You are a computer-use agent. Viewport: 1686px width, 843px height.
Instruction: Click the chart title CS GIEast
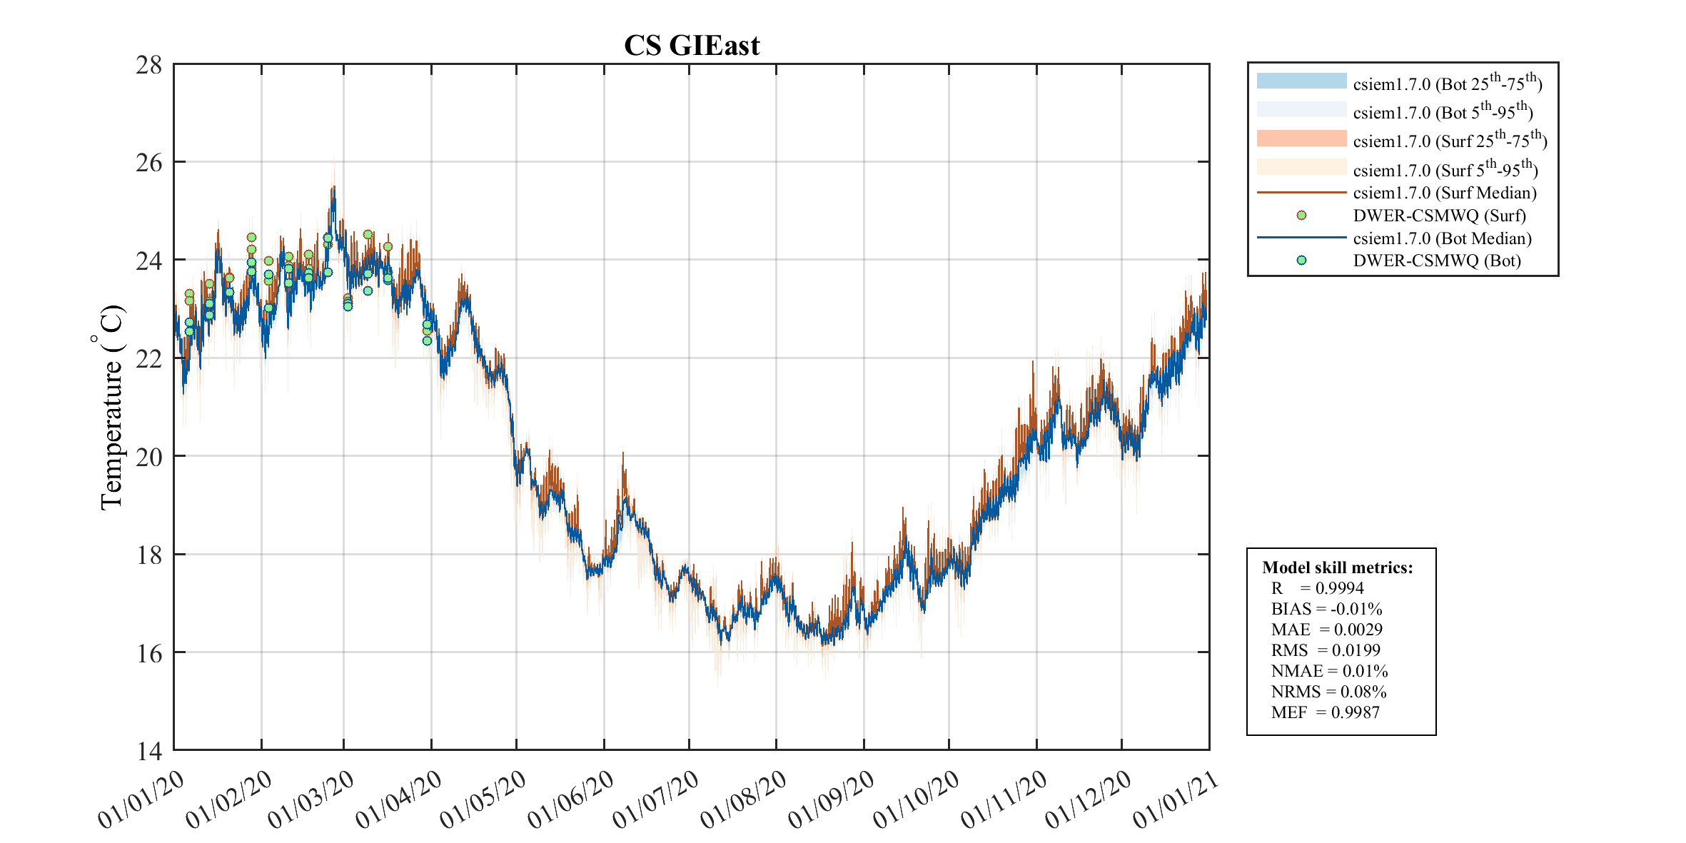tap(691, 46)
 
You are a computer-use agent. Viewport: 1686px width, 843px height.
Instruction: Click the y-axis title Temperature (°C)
tap(111, 407)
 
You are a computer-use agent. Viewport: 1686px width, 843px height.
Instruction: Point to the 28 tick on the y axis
tap(149, 65)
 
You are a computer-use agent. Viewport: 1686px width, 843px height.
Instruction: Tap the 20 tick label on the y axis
tap(149, 457)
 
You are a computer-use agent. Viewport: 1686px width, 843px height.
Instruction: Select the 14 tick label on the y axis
tap(149, 751)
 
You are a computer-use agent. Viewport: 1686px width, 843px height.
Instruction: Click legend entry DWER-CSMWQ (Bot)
tap(1436, 261)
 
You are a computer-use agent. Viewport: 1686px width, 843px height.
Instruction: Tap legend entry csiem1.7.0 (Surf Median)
tap(1444, 193)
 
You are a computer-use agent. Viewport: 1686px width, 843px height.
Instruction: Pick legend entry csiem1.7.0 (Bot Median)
tap(1442, 238)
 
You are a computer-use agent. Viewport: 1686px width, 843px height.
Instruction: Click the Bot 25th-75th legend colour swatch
tap(1301, 81)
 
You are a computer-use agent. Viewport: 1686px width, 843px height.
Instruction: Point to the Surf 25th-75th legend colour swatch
tap(1301, 138)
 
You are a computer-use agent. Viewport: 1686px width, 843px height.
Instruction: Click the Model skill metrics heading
tap(1337, 567)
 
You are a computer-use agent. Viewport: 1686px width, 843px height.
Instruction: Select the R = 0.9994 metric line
tap(1317, 588)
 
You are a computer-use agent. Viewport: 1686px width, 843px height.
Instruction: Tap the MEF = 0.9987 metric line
tap(1325, 712)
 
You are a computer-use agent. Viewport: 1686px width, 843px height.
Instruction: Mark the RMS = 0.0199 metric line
tap(1326, 650)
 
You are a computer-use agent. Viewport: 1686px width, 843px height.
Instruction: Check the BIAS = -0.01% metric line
tap(1326, 609)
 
